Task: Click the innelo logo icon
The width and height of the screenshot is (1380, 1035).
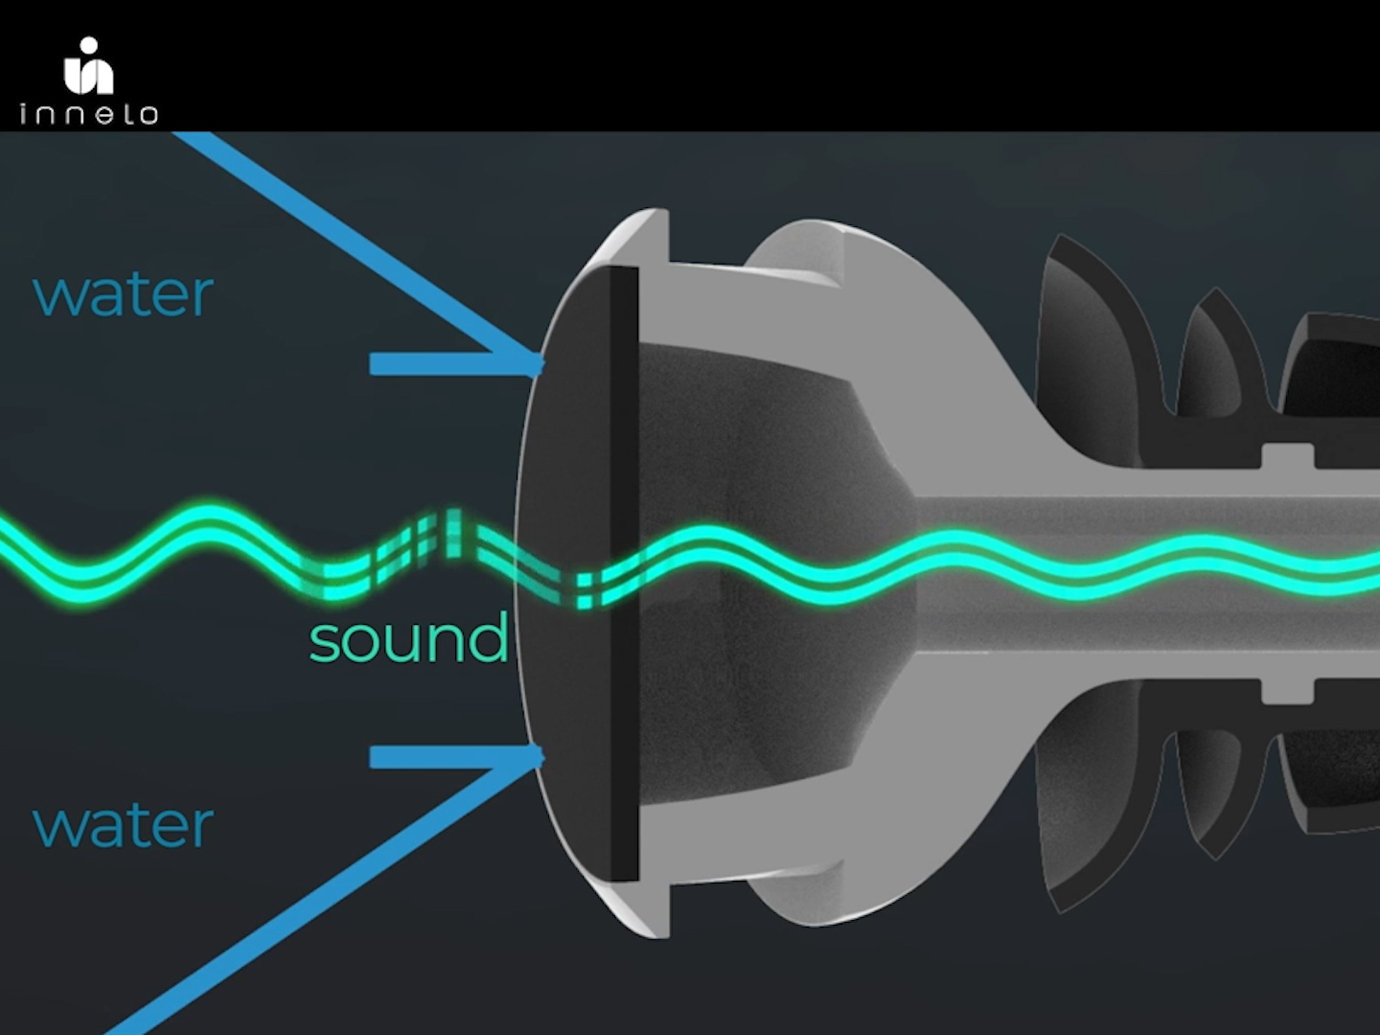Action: point(88,65)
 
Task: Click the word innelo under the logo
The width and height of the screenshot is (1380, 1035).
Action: point(88,115)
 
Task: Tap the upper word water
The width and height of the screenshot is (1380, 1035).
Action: point(123,294)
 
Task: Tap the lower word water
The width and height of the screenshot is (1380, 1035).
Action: point(123,825)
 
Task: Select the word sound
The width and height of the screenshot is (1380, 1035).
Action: point(408,639)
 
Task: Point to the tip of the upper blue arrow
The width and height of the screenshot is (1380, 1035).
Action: point(541,363)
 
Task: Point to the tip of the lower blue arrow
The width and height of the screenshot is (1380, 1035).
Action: point(541,757)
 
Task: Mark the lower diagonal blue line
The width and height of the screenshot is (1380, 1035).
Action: point(316,896)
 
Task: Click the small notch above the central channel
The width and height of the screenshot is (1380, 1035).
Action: point(1287,454)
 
